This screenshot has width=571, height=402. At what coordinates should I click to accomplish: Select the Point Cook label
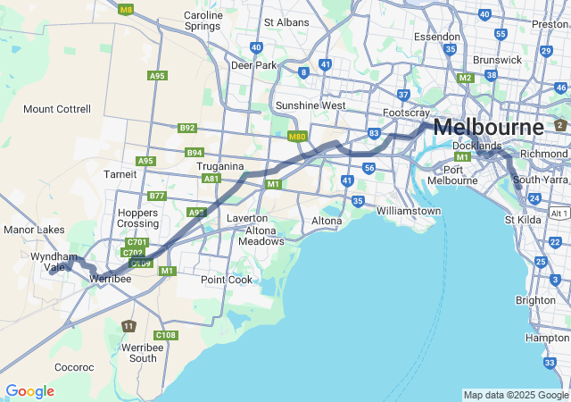point(227,280)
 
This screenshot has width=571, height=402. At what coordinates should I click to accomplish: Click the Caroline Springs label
point(203,21)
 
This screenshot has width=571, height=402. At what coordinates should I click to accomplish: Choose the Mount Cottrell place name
point(57,109)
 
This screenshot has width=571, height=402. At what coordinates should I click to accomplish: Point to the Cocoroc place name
point(74,367)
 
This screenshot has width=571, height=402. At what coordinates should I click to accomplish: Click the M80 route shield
point(298,137)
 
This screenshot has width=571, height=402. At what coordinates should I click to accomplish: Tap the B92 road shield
point(186,128)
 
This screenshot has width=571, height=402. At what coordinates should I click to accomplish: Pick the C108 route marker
point(166,335)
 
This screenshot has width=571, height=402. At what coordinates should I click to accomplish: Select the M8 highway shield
point(126,10)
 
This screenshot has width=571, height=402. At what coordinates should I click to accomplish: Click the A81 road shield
point(211,179)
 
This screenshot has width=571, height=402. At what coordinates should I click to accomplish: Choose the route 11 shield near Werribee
point(129,326)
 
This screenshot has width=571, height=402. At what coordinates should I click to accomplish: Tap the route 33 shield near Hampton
point(550,362)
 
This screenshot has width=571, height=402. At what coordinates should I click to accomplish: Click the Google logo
point(29,391)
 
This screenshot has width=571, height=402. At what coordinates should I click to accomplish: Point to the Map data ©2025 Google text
point(516,395)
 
